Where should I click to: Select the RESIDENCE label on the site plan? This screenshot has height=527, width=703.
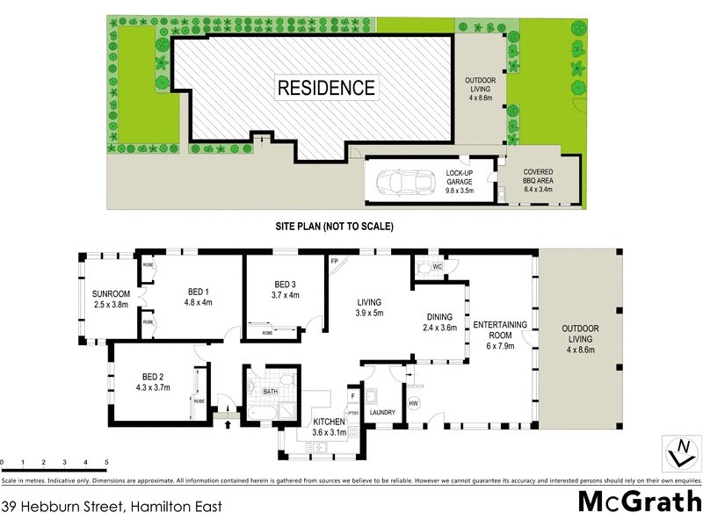[326, 88]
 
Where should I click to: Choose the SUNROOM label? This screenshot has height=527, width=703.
[111, 294]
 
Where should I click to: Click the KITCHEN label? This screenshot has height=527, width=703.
[331, 422]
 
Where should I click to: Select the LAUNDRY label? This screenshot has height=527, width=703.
[381, 413]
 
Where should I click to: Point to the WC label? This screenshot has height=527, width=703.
[437, 267]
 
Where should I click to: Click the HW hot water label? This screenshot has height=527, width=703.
[415, 403]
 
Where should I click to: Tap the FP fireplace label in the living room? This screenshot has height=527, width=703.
[335, 262]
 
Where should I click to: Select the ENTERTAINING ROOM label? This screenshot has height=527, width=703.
[500, 325]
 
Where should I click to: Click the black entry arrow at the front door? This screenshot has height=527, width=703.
[229, 425]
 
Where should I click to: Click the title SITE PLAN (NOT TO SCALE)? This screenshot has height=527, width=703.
[335, 227]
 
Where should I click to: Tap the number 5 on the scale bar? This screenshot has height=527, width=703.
[106, 462]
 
